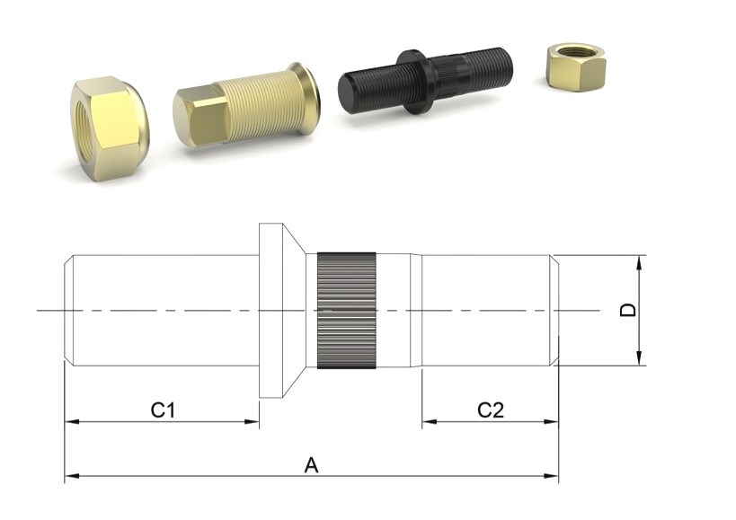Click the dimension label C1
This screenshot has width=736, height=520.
pyautogui.click(x=162, y=410)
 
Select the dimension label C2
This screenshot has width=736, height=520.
pyautogui.click(x=490, y=410)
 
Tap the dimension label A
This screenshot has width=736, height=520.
pyautogui.click(x=312, y=464)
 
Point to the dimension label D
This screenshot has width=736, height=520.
pyautogui.click(x=628, y=310)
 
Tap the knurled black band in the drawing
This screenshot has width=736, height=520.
pyautogui.click(x=346, y=310)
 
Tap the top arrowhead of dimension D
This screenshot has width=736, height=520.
pyautogui.click(x=639, y=261)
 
